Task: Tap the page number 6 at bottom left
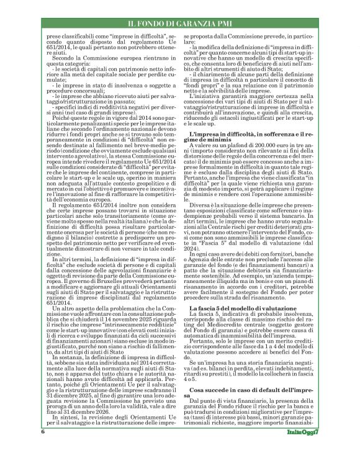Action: (x=43, y=449)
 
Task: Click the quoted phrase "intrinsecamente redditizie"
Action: (x=118, y=344)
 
